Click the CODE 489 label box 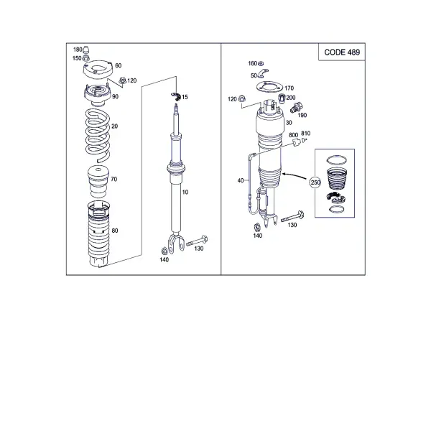tap(342, 52)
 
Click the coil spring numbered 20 tap(98, 136)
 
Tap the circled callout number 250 tap(315, 182)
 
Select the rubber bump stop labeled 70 tap(98, 182)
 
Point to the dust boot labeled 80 tap(98, 234)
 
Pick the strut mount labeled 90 tap(98, 96)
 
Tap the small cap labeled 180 tap(86, 50)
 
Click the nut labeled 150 tap(85, 58)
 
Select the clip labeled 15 tap(176, 96)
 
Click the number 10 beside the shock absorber tap(185, 192)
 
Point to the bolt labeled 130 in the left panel tap(197, 241)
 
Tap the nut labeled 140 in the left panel tap(164, 251)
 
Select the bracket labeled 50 tap(263, 73)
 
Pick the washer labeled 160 tap(261, 64)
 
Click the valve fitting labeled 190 tap(296, 108)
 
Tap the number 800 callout tap(293, 135)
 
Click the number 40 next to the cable tap(241, 180)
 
